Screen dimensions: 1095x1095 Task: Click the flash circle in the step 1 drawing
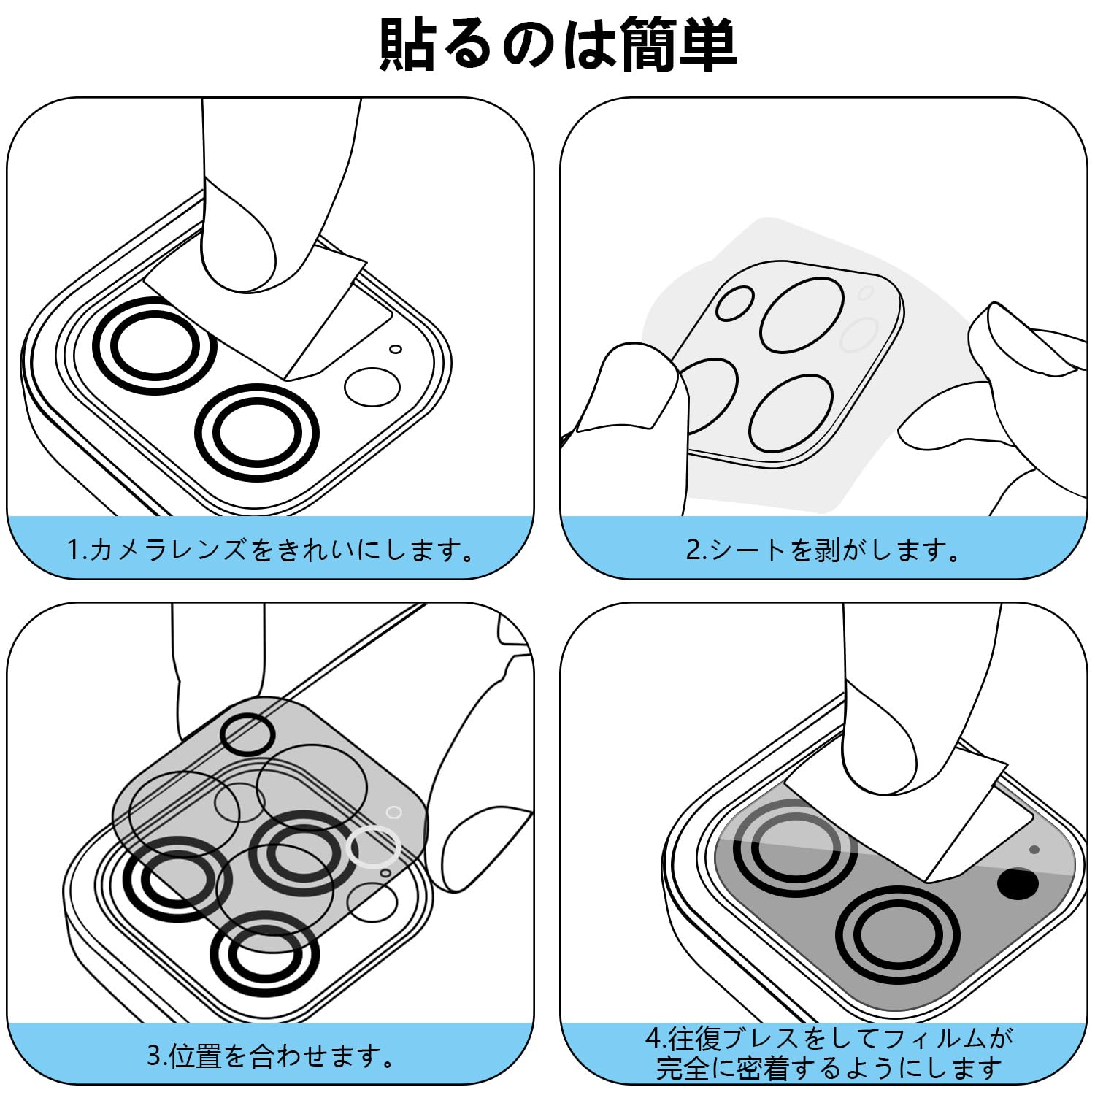click(x=372, y=387)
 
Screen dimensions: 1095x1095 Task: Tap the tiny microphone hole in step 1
click(x=395, y=349)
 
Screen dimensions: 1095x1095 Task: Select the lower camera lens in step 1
click(x=257, y=431)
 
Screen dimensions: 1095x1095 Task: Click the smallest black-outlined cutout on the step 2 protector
click(x=734, y=304)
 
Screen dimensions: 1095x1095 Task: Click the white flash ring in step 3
click(x=374, y=847)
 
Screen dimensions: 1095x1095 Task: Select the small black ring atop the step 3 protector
click(x=247, y=733)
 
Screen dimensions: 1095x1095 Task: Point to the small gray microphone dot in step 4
click(x=1034, y=850)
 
